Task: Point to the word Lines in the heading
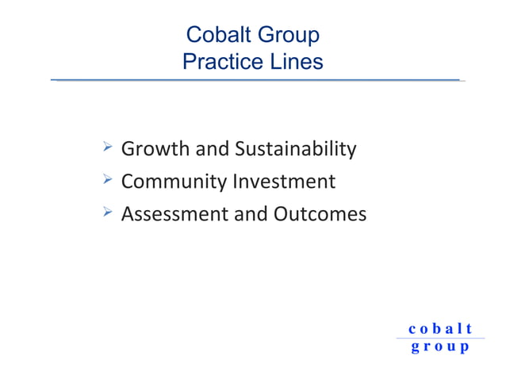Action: point(295,61)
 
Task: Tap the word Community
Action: point(174,182)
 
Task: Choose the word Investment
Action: point(284,182)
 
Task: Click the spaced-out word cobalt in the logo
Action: point(440,328)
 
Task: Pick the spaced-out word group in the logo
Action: point(440,347)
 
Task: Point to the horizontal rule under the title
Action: point(258,80)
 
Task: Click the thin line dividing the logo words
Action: point(440,339)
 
